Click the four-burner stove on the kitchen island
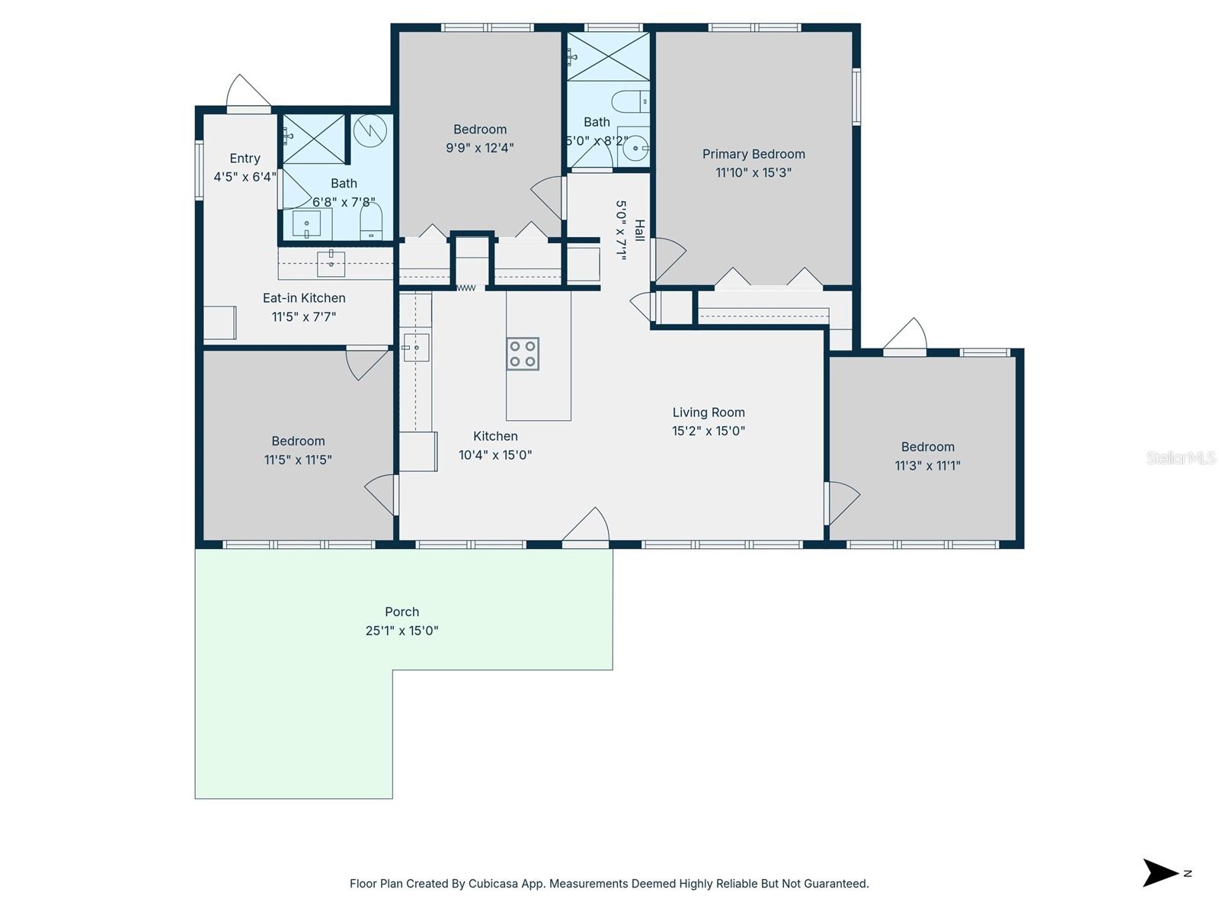pyautogui.click(x=523, y=354)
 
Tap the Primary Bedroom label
pyautogui.click(x=753, y=154)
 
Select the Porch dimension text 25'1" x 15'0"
pyautogui.click(x=402, y=631)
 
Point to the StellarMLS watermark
pyautogui.click(x=1180, y=457)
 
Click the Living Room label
pyautogui.click(x=709, y=413)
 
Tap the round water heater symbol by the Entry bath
pyautogui.click(x=370, y=131)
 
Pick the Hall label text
pyautogui.click(x=639, y=230)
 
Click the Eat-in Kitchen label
pyautogui.click(x=304, y=298)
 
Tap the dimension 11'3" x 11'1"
pyautogui.click(x=927, y=465)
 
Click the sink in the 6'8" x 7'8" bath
pyautogui.click(x=308, y=224)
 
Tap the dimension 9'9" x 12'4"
pyautogui.click(x=480, y=148)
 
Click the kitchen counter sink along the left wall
pyautogui.click(x=416, y=348)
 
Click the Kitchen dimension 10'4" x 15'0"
pyautogui.click(x=495, y=455)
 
